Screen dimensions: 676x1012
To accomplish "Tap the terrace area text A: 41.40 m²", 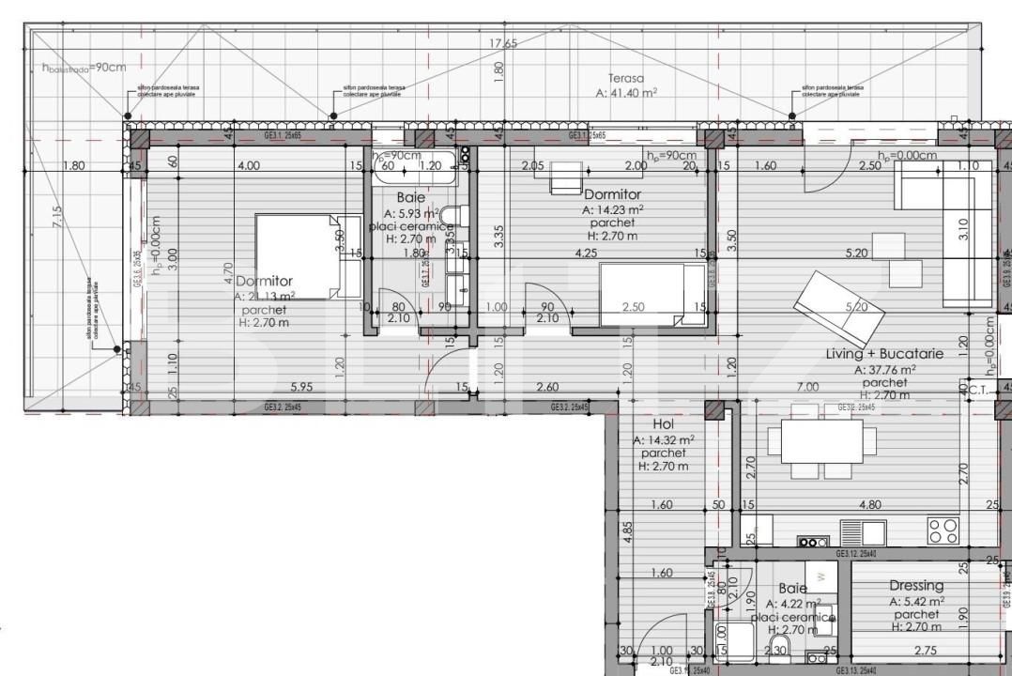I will click(626, 93).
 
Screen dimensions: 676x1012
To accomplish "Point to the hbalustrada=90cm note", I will click(84, 67).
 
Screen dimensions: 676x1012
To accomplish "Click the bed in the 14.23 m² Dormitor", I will click(652, 295).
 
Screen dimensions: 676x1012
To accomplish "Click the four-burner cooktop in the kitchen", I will click(943, 530).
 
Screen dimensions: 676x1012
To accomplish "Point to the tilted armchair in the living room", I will click(838, 305).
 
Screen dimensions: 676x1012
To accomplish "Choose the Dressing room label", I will click(916, 586).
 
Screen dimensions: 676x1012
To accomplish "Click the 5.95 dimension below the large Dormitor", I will click(300, 386).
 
